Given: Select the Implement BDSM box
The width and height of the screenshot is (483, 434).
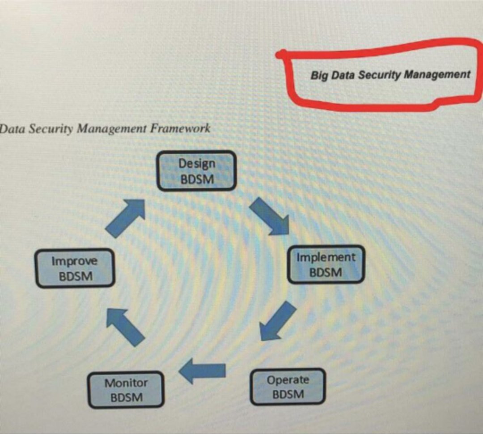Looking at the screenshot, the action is [326, 264].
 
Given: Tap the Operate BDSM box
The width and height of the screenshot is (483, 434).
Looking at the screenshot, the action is [288, 387].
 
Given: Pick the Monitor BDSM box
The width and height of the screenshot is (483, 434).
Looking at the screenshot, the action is [126, 390].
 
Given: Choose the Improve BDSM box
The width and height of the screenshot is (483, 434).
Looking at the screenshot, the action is [75, 268].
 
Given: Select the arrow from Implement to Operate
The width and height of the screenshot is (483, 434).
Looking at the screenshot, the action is [277, 320].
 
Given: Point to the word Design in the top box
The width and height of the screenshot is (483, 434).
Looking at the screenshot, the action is [197, 164].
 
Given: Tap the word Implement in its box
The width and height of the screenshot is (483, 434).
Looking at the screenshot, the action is [326, 257].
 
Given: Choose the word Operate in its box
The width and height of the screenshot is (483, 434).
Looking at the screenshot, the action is [288, 380].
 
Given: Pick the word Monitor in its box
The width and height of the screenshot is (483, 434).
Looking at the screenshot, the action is [126, 383].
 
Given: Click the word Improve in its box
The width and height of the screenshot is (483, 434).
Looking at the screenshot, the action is [74, 261].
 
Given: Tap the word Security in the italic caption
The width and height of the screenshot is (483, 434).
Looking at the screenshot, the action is [52, 129].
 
